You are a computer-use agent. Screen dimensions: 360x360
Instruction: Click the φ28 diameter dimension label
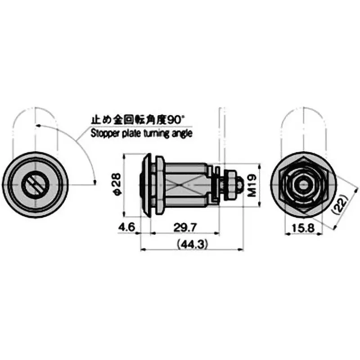(116, 185)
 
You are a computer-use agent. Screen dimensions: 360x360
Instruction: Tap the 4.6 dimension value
(127, 228)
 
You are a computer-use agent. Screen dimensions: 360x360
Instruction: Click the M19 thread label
(252, 185)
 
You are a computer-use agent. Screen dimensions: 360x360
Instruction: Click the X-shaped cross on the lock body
(186, 184)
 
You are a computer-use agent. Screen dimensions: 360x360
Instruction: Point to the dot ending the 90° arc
(95, 181)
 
